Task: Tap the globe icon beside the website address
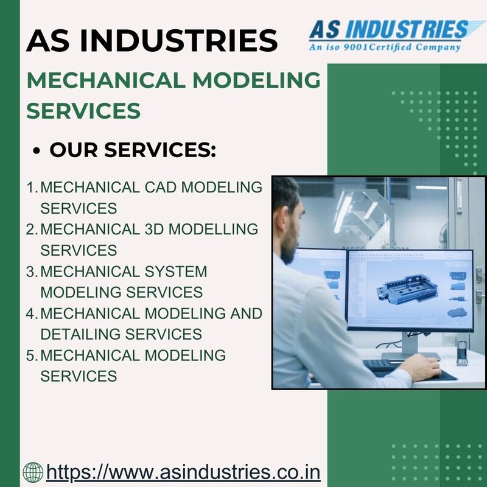coord(33,472)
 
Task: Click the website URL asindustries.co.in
coord(183,472)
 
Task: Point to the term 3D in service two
coord(155,229)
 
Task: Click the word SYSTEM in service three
coord(176,272)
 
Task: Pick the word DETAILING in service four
coord(80,334)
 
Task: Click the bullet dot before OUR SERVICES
coord(37,150)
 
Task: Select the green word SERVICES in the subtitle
coord(83,111)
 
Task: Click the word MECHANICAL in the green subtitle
coord(106,80)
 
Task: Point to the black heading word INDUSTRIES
coord(178,40)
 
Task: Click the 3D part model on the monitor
coord(407,289)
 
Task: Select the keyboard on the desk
coord(379,365)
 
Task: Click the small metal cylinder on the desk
coord(461,353)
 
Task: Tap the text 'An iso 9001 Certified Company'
coord(385,47)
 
